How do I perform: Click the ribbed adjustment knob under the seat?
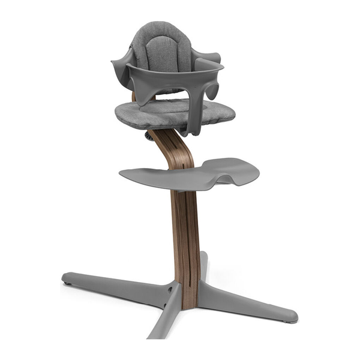click(146, 137)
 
